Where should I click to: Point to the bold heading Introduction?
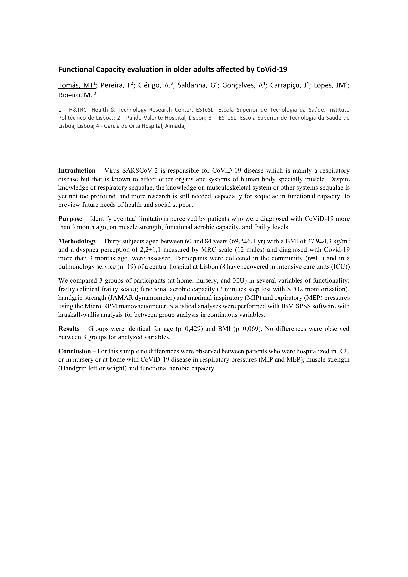pos(77,171)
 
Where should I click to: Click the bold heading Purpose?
pos(70,219)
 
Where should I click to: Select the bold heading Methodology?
pos(77,241)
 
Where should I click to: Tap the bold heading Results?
pos(69,329)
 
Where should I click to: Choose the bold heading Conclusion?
pos(74,351)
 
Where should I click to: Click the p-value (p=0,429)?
pos(189,329)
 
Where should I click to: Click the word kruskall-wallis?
pos(78,315)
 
